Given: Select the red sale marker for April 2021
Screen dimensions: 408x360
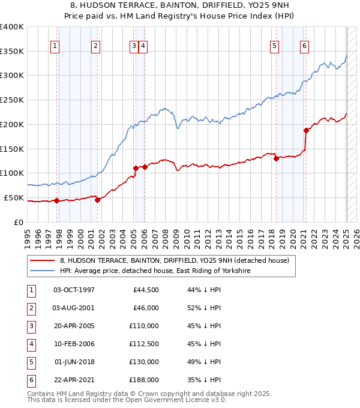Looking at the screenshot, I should [x=306, y=130].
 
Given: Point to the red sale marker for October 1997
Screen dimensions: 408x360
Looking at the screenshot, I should [x=56, y=200].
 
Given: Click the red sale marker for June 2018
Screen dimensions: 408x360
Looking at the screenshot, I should [x=276, y=158].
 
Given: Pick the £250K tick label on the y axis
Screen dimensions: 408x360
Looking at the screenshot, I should [x=12, y=100].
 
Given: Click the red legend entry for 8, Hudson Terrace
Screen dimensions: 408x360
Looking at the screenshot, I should [x=174, y=260].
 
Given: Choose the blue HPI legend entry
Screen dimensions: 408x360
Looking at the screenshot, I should [x=154, y=271].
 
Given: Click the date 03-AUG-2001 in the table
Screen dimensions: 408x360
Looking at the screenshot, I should [x=74, y=308].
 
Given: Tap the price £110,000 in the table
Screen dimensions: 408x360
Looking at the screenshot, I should [x=144, y=326].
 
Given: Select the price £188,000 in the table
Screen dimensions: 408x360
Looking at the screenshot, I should [x=144, y=380].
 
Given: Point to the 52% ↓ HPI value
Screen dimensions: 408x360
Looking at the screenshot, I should [x=205, y=308].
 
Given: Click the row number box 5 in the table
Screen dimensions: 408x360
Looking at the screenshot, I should [x=30, y=362].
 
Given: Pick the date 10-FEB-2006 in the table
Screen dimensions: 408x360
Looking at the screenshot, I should [x=74, y=344].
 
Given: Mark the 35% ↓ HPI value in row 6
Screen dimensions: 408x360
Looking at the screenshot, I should [x=205, y=380].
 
